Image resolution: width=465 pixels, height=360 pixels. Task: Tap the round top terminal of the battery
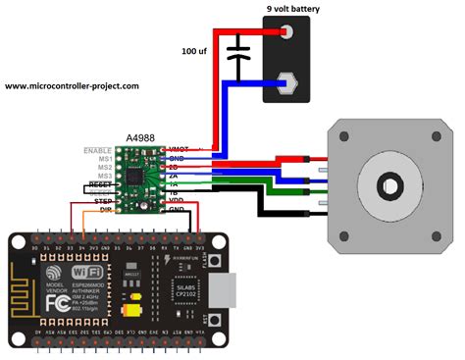[x=288, y=32]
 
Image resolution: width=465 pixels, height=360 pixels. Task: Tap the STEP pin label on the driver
[x=102, y=201]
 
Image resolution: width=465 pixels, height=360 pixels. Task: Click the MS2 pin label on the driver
[x=102, y=167]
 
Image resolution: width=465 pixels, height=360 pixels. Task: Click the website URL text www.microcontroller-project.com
[x=72, y=86]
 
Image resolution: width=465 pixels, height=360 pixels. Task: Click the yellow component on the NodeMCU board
[x=130, y=310]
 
